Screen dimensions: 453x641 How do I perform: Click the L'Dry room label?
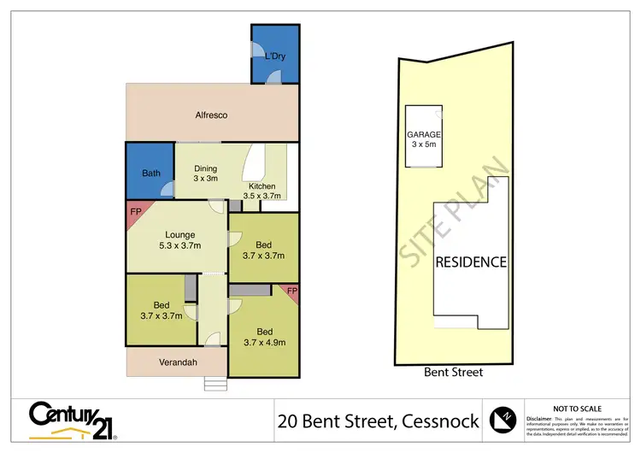[x=274, y=56]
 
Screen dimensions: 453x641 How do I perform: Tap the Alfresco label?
[x=211, y=115]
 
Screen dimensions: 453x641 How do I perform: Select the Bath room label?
[x=151, y=174]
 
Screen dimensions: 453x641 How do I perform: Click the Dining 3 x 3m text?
[x=206, y=174]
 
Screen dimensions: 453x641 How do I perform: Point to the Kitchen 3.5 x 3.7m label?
[x=262, y=191]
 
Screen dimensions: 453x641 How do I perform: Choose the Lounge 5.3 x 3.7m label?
[x=181, y=240]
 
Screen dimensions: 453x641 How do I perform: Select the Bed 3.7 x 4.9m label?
[x=264, y=338]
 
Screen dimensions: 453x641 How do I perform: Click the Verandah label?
[x=179, y=362]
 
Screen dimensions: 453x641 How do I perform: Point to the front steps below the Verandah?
[x=216, y=383]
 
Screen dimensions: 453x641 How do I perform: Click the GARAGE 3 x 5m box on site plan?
[x=424, y=138]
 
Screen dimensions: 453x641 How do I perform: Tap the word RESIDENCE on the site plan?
[x=472, y=262]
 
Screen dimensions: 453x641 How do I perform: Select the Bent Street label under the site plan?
[x=454, y=372]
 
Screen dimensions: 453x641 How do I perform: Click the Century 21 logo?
[x=73, y=419]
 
